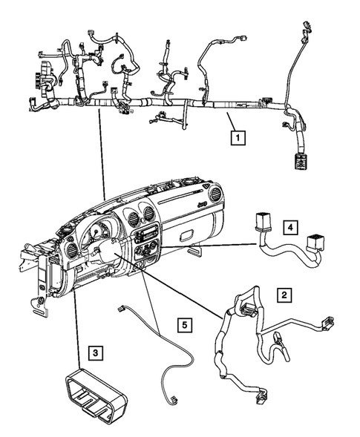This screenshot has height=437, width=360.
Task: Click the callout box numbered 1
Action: click(237, 137)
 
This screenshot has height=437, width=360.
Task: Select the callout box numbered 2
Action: click(283, 295)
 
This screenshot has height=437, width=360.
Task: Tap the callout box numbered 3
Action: click(94, 352)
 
